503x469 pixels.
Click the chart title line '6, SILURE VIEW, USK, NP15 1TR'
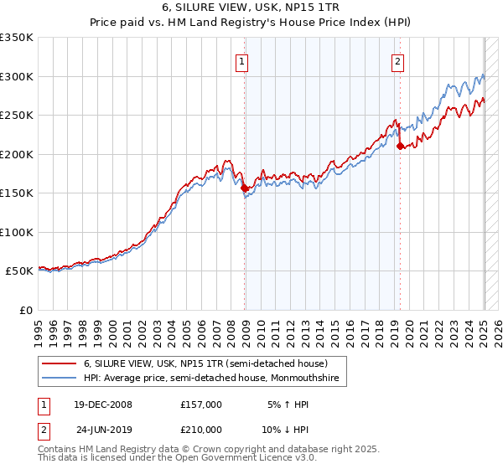[x=251, y=9]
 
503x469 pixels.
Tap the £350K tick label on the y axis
[x=17, y=38]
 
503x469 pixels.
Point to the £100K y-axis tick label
[x=17, y=232]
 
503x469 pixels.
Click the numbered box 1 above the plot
[x=241, y=60]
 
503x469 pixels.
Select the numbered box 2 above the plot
[x=397, y=60]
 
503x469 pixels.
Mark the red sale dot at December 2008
[x=245, y=188]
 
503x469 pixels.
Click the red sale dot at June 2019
[x=400, y=147]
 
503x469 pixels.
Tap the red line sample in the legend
[x=59, y=364]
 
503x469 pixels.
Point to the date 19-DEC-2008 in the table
[x=101, y=405]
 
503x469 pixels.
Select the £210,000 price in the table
[x=200, y=429]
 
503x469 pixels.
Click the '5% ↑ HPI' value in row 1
[x=286, y=405]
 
